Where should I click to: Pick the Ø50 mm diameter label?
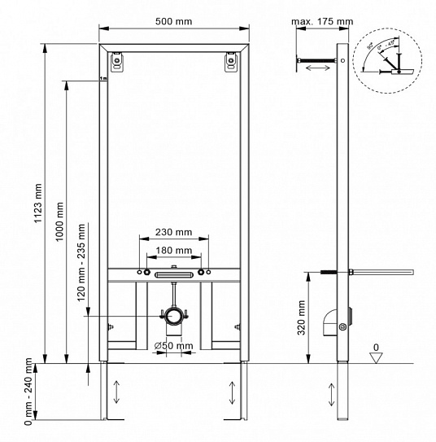click(173, 345)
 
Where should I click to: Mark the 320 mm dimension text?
click(303, 318)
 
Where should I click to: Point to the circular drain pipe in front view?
click(174, 315)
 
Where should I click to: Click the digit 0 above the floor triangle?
click(375, 347)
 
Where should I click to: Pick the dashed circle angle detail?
click(388, 57)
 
